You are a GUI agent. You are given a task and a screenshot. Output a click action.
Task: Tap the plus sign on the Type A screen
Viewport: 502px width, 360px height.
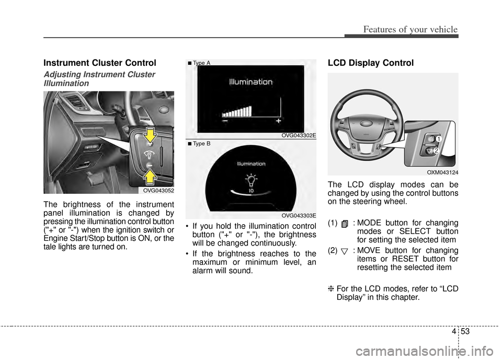278,120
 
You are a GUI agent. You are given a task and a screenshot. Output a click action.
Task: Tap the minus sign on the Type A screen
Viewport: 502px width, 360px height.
224,120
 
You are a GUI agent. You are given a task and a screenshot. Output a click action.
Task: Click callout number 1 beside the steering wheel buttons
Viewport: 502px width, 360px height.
440,138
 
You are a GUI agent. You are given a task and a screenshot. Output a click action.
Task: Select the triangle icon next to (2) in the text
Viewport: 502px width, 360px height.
345,252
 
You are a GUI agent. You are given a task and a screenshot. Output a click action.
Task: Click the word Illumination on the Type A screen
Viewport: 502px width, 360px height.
250,82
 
